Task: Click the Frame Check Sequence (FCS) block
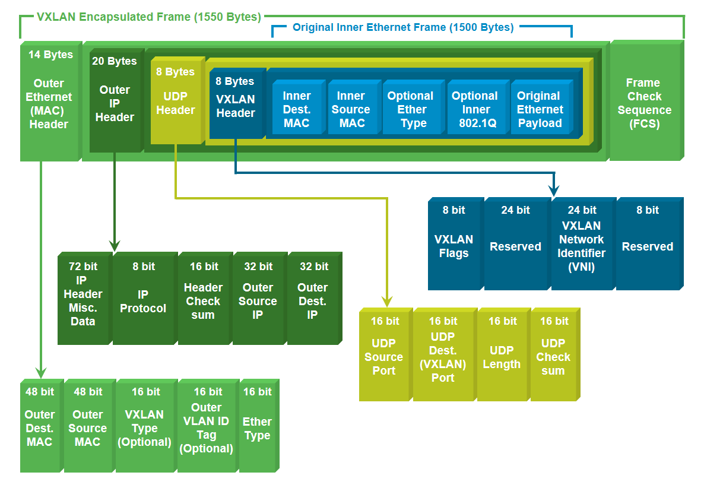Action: (x=646, y=100)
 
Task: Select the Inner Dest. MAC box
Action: (x=298, y=107)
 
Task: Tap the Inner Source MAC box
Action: (x=354, y=107)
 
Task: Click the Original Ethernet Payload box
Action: (x=541, y=107)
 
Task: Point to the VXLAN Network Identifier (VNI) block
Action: (x=583, y=244)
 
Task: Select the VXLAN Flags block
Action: (x=455, y=244)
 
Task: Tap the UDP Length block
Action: (x=503, y=354)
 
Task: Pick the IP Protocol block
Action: (x=145, y=298)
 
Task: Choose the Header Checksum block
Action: (x=205, y=298)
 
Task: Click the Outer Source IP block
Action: (x=259, y=298)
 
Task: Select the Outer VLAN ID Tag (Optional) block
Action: (x=207, y=426)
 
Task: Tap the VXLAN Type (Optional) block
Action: (x=145, y=426)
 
